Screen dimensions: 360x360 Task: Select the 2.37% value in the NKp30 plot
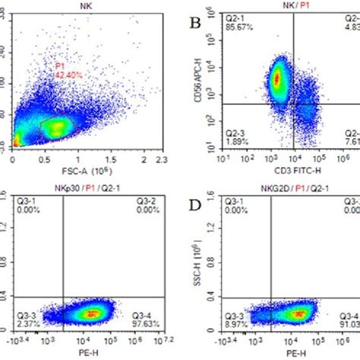coord(25,326)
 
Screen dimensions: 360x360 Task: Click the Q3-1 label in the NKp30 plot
coord(25,201)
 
